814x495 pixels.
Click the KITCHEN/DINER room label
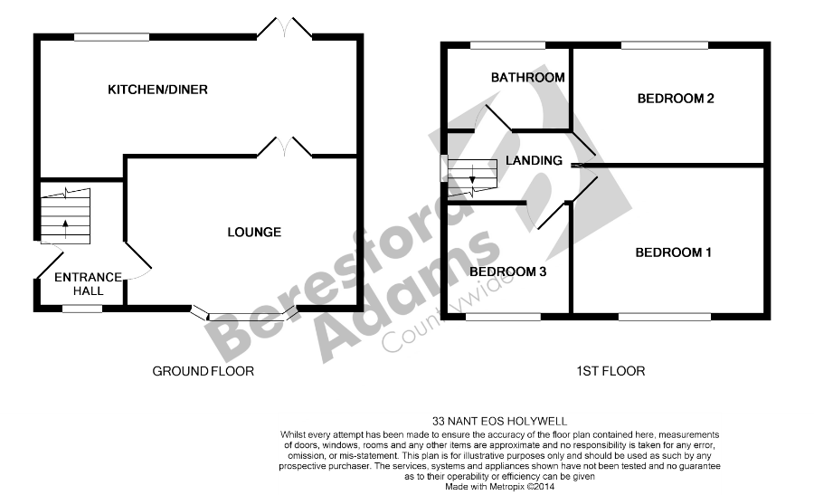pyautogui.click(x=157, y=90)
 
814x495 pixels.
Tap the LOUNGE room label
pyautogui.click(x=254, y=233)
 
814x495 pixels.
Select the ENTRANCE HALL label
pyautogui.click(x=89, y=283)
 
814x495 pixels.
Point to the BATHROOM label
pyautogui.click(x=527, y=78)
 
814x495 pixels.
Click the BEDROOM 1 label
pyautogui.click(x=673, y=252)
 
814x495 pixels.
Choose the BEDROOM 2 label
pyautogui.click(x=676, y=98)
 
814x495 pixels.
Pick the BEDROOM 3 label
pyautogui.click(x=507, y=271)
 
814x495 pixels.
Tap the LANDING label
pyautogui.click(x=534, y=160)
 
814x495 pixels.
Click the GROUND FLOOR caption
pyautogui.click(x=203, y=371)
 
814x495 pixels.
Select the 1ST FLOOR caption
pyautogui.click(x=610, y=371)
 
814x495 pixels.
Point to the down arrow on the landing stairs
pyautogui.click(x=472, y=175)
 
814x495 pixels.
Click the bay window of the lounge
pyautogui.click(x=244, y=314)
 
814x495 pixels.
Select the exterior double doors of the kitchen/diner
pyautogui.click(x=285, y=27)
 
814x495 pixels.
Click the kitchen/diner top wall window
pyautogui.click(x=111, y=37)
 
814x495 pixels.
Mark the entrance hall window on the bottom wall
pyautogui.click(x=82, y=309)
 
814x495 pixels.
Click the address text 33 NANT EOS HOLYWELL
pyautogui.click(x=500, y=421)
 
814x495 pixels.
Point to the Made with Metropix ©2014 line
pyautogui.click(x=500, y=487)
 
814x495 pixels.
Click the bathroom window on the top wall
pyautogui.click(x=507, y=45)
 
